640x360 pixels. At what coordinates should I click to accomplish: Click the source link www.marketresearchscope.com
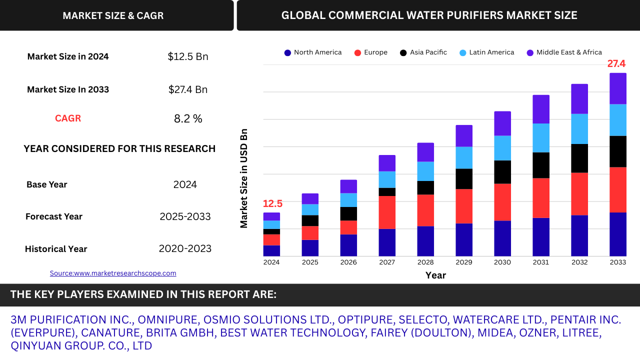pos(113,273)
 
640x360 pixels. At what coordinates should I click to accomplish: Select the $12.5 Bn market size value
pos(188,56)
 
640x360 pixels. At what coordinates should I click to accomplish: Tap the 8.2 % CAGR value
pos(188,118)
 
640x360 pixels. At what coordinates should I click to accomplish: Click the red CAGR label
pos(68,118)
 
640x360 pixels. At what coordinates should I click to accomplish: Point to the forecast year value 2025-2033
pos(185,216)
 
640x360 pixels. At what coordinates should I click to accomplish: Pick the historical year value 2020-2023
pos(185,248)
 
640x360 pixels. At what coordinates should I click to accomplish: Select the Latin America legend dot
pos(463,52)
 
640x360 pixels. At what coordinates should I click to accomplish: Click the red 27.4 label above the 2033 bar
pos(616,63)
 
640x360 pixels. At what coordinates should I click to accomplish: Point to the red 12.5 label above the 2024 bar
pos(272,203)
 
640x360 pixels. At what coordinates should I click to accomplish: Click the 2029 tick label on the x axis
pos(464,262)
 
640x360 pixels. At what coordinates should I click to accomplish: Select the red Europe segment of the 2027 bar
pos(387,212)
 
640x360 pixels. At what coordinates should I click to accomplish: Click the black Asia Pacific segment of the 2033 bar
pos(618,151)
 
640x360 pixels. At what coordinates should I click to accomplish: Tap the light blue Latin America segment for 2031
pos(541,137)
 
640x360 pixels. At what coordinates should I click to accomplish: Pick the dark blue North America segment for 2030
pos(502,238)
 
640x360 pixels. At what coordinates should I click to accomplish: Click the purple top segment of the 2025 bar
pos(310,198)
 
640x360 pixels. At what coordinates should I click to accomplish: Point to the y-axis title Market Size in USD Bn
pos(244,178)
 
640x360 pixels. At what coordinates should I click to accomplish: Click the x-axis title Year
pos(435,275)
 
